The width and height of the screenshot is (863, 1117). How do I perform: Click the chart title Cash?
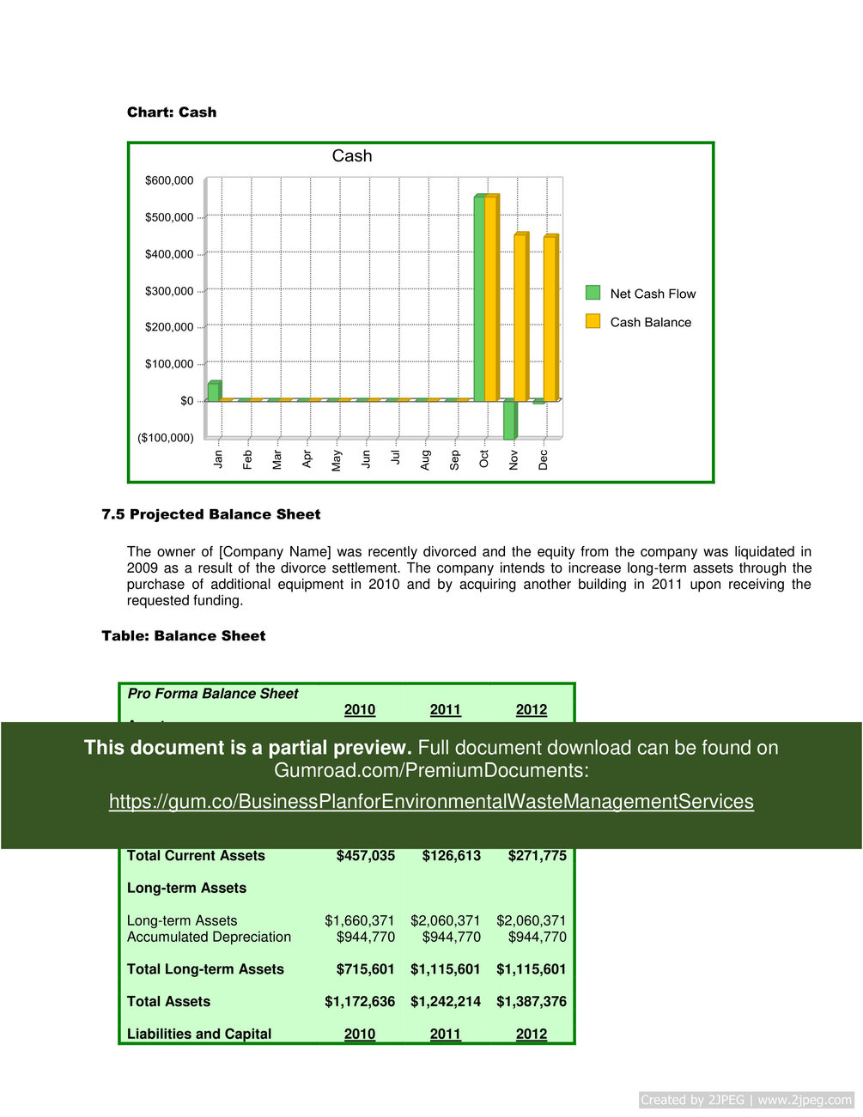[x=352, y=156]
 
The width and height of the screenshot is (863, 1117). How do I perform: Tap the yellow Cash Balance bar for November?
[x=520, y=317]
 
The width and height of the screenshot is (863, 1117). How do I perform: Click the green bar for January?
[x=213, y=392]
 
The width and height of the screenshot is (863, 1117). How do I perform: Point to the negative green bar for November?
[x=509, y=420]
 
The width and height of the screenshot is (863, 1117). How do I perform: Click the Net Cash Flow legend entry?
[x=653, y=294]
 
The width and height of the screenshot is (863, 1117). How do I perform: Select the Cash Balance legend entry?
[x=650, y=322]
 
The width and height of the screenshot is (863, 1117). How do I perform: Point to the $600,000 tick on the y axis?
[x=169, y=180]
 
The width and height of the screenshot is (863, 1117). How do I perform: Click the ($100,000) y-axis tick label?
[x=166, y=438]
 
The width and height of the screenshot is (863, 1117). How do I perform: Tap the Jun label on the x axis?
[x=366, y=458]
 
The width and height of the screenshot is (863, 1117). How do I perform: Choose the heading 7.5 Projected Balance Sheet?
[x=211, y=514]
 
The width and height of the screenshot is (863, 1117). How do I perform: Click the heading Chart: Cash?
[x=172, y=112]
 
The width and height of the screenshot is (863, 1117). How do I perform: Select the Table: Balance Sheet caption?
[x=184, y=636]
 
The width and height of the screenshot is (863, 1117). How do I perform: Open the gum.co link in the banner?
[x=431, y=801]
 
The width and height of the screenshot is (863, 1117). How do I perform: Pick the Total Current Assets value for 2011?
[x=451, y=856]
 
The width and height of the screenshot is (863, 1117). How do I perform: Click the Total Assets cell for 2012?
[x=531, y=1002]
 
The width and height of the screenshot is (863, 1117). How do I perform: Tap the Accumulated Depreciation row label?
[x=209, y=938]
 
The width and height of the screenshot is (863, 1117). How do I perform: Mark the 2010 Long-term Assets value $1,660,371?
[x=359, y=921]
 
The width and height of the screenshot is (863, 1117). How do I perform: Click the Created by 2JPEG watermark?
[x=746, y=1100]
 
